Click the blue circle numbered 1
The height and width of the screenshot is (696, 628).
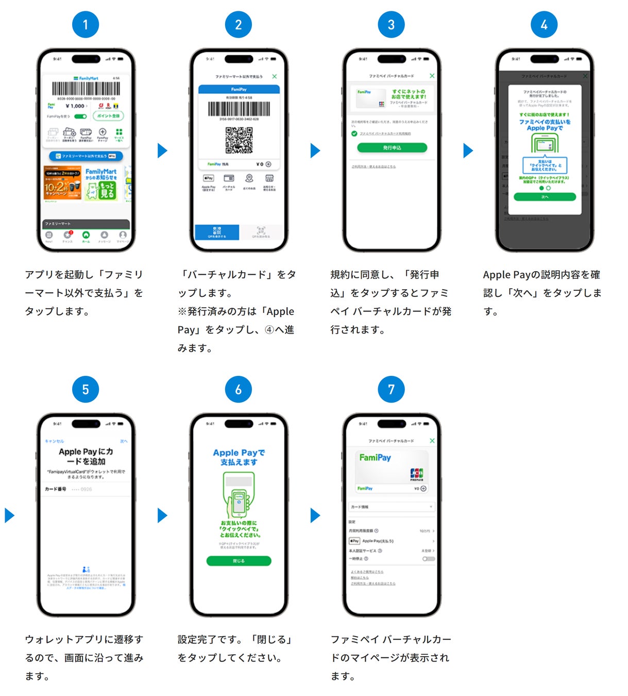tap(86, 24)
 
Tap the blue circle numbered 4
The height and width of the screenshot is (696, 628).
tap(544, 24)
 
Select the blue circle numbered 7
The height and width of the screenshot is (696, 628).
tap(391, 389)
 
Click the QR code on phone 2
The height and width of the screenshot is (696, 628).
tap(239, 140)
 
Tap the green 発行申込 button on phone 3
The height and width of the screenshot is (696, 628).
tap(392, 148)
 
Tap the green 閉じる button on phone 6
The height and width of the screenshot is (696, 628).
tap(239, 561)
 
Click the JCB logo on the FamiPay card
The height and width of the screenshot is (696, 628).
tap(416, 473)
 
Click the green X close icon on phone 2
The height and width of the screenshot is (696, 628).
tap(275, 76)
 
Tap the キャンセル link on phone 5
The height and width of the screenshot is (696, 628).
tap(54, 441)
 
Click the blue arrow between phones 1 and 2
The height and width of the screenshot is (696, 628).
tap(162, 151)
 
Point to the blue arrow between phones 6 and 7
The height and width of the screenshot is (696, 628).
tap(315, 515)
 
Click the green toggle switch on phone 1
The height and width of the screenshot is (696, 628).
tap(80, 117)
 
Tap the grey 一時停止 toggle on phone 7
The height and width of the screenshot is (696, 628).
tap(429, 559)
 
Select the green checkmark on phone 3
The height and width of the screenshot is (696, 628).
tap(354, 134)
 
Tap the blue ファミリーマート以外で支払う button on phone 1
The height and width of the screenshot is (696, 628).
tap(86, 156)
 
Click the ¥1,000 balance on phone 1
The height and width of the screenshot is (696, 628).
tap(75, 106)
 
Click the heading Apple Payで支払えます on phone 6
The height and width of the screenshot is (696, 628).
tap(239, 457)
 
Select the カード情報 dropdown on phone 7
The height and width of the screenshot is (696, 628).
tap(392, 507)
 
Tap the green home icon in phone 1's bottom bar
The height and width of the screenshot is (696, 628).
tap(86, 235)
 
